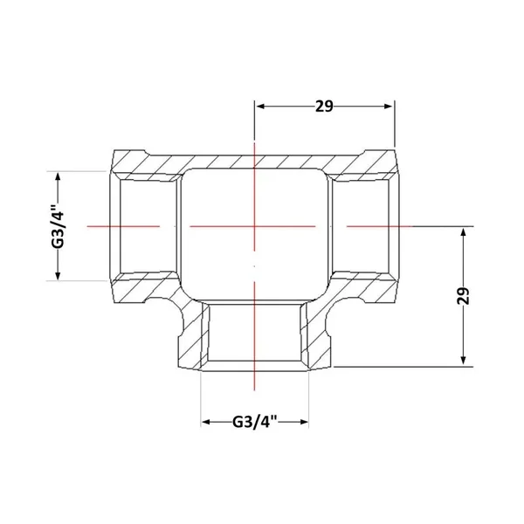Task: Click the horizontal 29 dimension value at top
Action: click(x=324, y=107)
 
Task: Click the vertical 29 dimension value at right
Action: click(x=463, y=295)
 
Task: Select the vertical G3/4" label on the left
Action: click(x=58, y=225)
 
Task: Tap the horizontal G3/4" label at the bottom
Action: click(x=255, y=422)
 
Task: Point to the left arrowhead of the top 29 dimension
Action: click(x=260, y=107)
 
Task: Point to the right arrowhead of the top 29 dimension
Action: click(x=389, y=107)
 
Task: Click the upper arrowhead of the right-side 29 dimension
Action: click(x=463, y=232)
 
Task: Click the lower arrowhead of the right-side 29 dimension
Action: click(x=463, y=360)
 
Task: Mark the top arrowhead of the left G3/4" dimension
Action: click(x=58, y=176)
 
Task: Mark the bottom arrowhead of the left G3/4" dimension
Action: click(x=58, y=275)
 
